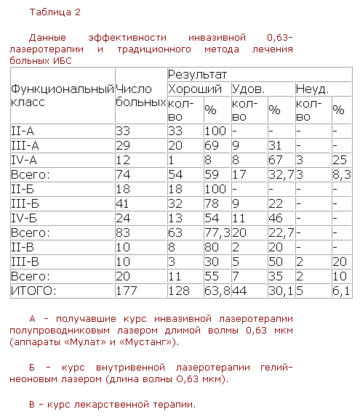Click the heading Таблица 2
(55, 12)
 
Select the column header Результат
(198, 75)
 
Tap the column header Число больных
(140, 95)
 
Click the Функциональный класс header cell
(61, 95)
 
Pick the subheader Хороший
(195, 89)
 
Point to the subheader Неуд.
(313, 89)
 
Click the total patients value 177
(127, 291)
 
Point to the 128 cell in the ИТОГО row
(179, 291)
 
